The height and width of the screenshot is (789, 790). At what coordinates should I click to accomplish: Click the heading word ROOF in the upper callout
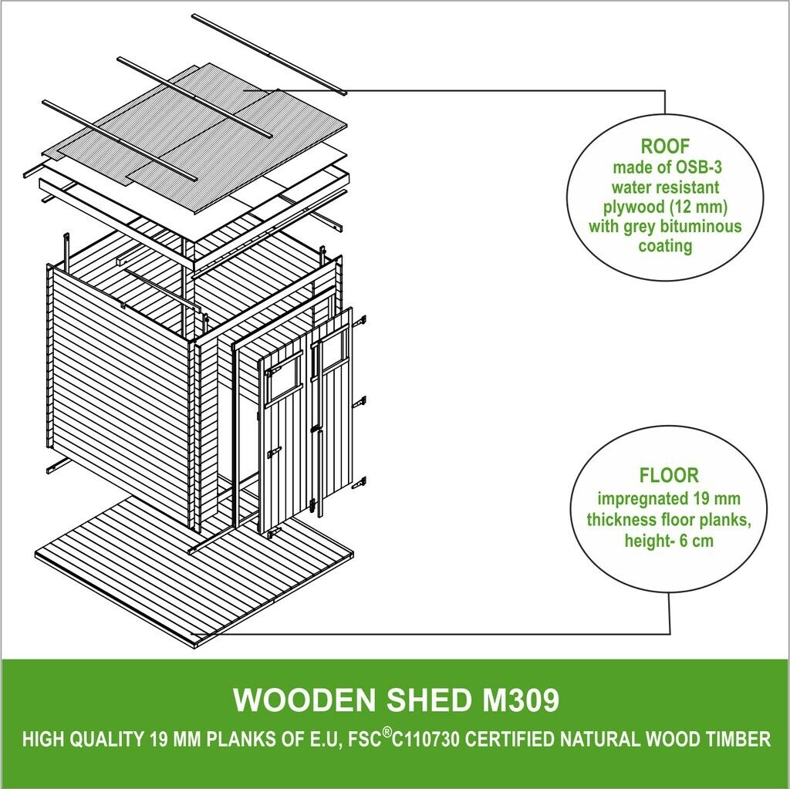coord(664,147)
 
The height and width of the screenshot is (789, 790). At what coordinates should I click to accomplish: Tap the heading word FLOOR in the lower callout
coord(668,474)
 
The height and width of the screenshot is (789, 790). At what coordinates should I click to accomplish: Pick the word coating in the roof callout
coord(665,247)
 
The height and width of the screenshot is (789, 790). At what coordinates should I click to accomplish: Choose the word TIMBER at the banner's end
coord(738,740)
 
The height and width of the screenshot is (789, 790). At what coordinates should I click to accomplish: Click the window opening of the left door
coord(282,380)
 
